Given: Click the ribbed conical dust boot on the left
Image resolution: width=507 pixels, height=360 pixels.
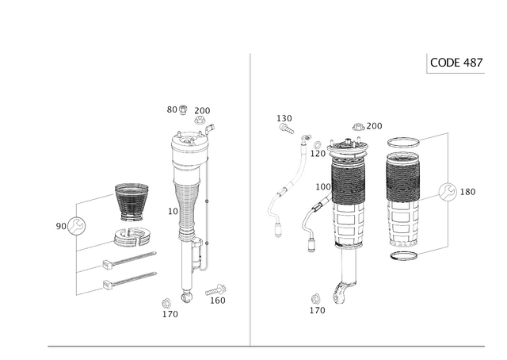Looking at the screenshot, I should pyautogui.click(x=132, y=204).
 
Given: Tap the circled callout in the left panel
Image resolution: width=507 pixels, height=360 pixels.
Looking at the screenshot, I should pyautogui.click(x=76, y=225).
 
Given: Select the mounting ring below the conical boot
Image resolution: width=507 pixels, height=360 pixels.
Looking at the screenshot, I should pyautogui.click(x=132, y=236).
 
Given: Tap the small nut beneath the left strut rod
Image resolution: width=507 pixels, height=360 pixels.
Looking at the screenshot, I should pyautogui.click(x=186, y=297).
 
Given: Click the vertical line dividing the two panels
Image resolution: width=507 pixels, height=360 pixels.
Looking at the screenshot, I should pyautogui.click(x=251, y=198).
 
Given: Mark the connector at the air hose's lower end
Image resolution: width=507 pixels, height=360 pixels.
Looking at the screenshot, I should pyautogui.click(x=277, y=231).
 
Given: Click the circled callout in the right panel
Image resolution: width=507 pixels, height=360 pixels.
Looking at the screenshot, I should pyautogui.click(x=447, y=192).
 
